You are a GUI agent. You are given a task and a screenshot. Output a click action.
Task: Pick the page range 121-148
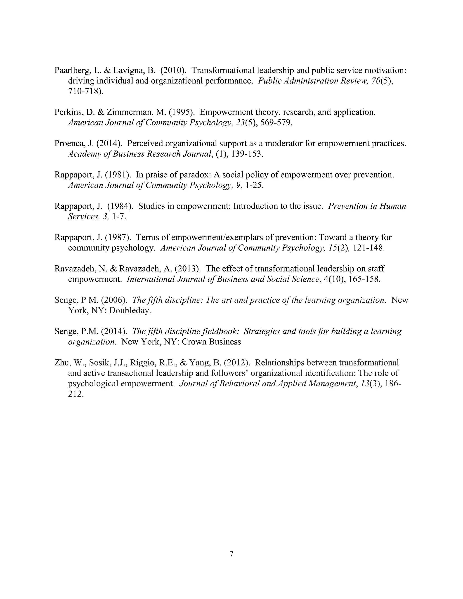point(368,248)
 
